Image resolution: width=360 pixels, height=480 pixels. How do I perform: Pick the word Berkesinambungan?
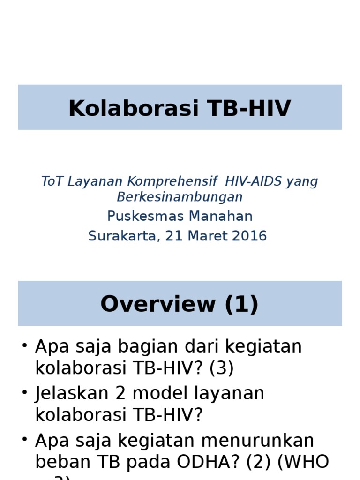point(180,197)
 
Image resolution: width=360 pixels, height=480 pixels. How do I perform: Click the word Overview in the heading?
point(157,304)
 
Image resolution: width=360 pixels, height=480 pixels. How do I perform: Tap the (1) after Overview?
point(241,304)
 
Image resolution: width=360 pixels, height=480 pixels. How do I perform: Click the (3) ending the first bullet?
point(221,368)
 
